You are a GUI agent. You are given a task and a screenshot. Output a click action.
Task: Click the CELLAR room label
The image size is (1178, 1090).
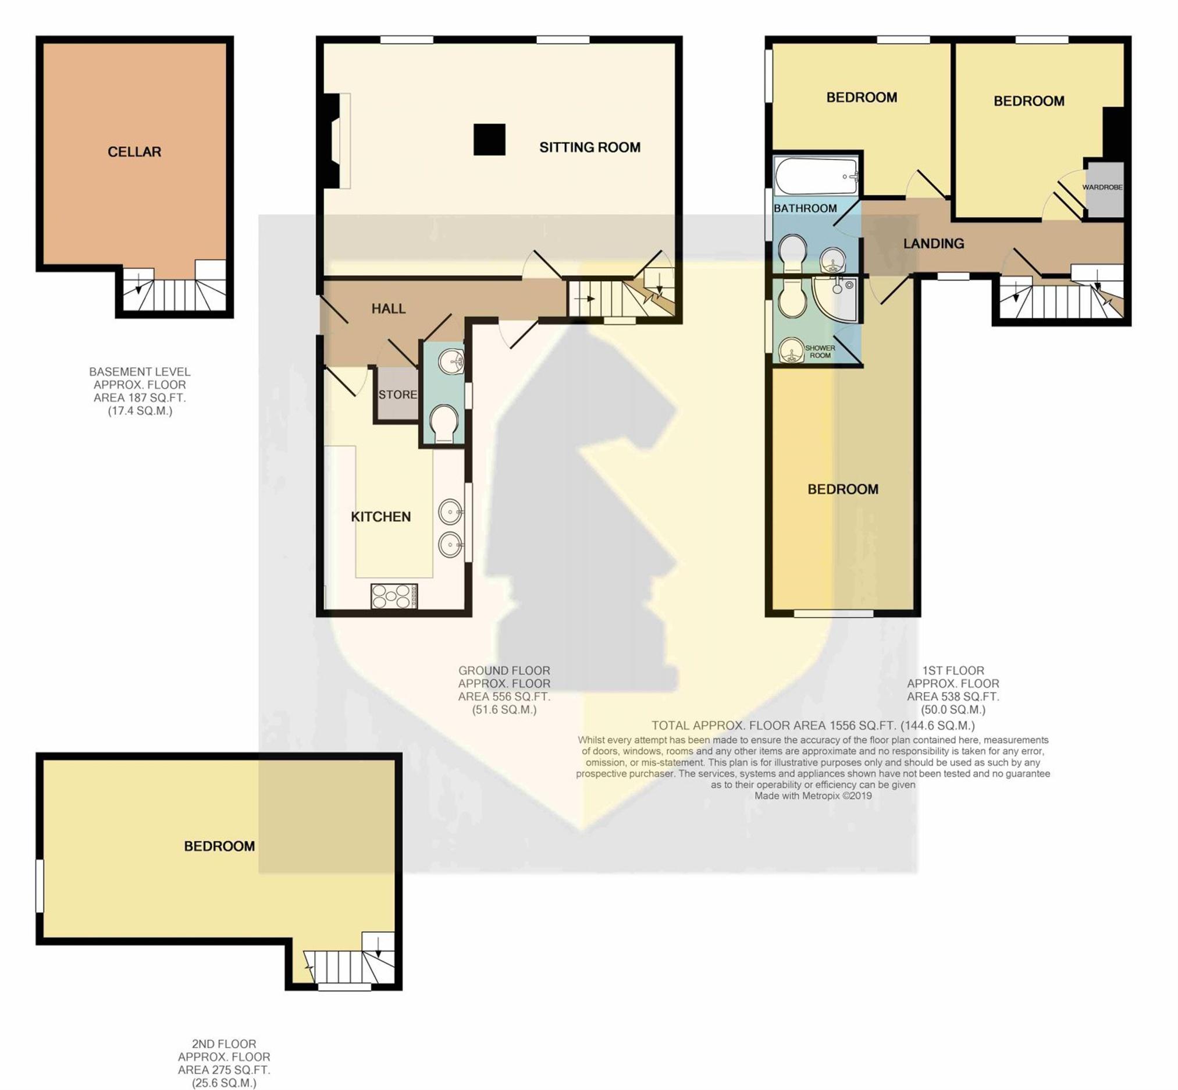(134, 151)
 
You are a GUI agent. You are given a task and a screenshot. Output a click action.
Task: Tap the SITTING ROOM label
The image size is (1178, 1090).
(590, 147)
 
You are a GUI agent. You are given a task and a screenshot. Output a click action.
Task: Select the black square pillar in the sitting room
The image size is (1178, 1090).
(489, 140)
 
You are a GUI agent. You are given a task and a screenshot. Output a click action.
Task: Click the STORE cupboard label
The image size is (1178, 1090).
(397, 395)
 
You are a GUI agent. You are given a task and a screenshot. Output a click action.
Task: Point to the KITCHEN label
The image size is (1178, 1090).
(381, 517)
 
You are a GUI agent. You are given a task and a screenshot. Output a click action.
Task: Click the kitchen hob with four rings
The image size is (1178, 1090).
(394, 597)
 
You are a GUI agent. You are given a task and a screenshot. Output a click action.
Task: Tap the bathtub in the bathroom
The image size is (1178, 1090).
(816, 176)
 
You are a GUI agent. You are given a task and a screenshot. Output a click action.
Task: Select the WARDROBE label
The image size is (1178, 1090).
(1102, 187)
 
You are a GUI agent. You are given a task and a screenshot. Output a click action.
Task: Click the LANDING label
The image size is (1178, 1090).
(934, 243)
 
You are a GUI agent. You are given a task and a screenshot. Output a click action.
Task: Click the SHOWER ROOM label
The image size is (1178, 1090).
(820, 352)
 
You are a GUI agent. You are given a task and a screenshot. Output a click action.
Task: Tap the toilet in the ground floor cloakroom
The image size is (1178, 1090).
(443, 424)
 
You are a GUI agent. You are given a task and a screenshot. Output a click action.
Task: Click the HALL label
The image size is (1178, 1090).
(389, 308)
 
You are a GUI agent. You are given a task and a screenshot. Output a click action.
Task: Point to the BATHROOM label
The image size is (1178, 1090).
(805, 208)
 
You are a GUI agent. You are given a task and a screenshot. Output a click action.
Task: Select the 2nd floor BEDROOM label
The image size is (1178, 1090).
(219, 846)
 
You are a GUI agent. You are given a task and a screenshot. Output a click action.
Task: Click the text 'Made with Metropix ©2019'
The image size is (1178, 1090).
(813, 796)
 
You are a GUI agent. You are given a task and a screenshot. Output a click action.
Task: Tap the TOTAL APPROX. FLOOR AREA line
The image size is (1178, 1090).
(813, 726)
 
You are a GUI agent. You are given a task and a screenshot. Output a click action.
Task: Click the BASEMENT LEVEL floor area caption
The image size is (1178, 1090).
(140, 391)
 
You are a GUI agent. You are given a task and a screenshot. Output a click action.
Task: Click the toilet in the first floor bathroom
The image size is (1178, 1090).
(792, 254)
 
